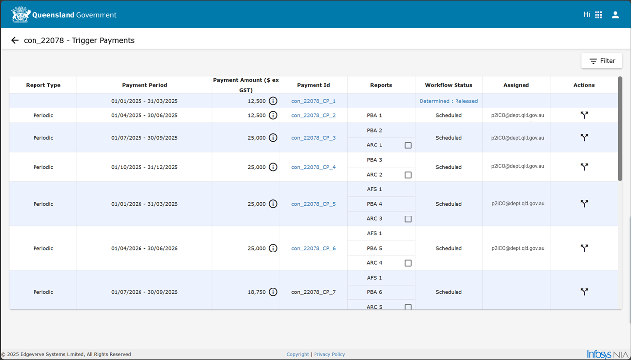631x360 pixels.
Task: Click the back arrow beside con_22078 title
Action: pyautogui.click(x=15, y=40)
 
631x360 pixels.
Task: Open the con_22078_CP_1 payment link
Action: pyautogui.click(x=313, y=101)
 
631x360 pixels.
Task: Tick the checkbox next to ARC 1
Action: pyautogui.click(x=408, y=145)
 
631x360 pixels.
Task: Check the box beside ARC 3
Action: pyautogui.click(x=408, y=219)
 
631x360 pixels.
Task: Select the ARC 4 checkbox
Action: pyautogui.click(x=408, y=263)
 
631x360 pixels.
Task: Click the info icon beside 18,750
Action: pyautogui.click(x=273, y=292)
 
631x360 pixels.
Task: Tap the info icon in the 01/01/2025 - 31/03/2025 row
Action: pyautogui.click(x=273, y=101)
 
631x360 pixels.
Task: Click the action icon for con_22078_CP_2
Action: pyautogui.click(x=584, y=115)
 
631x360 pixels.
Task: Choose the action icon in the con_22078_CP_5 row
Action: pyautogui.click(x=584, y=203)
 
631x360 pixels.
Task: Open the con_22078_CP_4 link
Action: pyautogui.click(x=313, y=167)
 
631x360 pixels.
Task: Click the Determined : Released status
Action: pyautogui.click(x=449, y=101)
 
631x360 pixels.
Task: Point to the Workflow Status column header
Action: pyautogui.click(x=449, y=85)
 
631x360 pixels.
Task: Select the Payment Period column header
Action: pyautogui.click(x=144, y=85)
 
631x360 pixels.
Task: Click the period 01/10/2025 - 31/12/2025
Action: pyautogui.click(x=144, y=167)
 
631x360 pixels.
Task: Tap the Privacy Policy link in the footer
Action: pyautogui.click(x=329, y=354)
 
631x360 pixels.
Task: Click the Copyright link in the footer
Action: pyautogui.click(x=297, y=354)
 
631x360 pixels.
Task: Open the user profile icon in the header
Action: pyautogui.click(x=615, y=15)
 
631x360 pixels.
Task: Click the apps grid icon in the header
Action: pyautogui.click(x=598, y=15)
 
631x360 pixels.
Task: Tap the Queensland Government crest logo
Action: pyautogui.click(x=21, y=14)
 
